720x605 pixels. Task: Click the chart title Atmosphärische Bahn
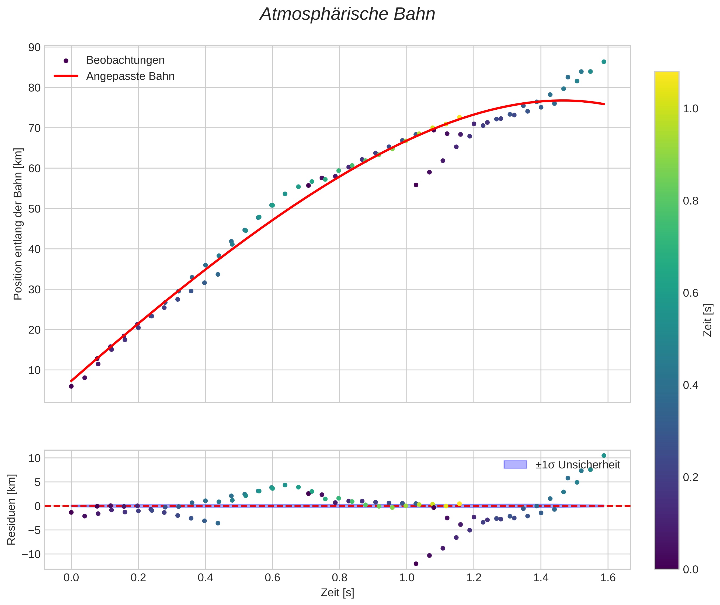(x=347, y=14)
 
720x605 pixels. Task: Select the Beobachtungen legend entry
(x=125, y=60)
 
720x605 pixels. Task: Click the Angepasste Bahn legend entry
(x=130, y=76)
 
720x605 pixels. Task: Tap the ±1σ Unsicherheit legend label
(x=578, y=465)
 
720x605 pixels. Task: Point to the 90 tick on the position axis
(x=34, y=47)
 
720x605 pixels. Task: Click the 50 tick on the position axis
(x=34, y=209)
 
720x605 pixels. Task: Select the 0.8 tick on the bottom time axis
(x=340, y=578)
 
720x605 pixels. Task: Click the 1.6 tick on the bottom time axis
(x=608, y=578)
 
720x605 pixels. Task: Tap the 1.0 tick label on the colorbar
(x=690, y=109)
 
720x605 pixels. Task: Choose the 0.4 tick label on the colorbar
(x=690, y=385)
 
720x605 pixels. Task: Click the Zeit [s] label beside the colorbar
(x=707, y=320)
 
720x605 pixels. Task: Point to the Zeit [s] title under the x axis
(x=337, y=593)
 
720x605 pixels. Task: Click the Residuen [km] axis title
(x=11, y=509)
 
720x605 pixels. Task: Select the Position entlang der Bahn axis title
(x=18, y=224)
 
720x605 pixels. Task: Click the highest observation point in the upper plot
(x=604, y=62)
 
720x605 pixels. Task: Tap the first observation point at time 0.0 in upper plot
(x=71, y=386)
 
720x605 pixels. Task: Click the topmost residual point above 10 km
(x=604, y=456)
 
